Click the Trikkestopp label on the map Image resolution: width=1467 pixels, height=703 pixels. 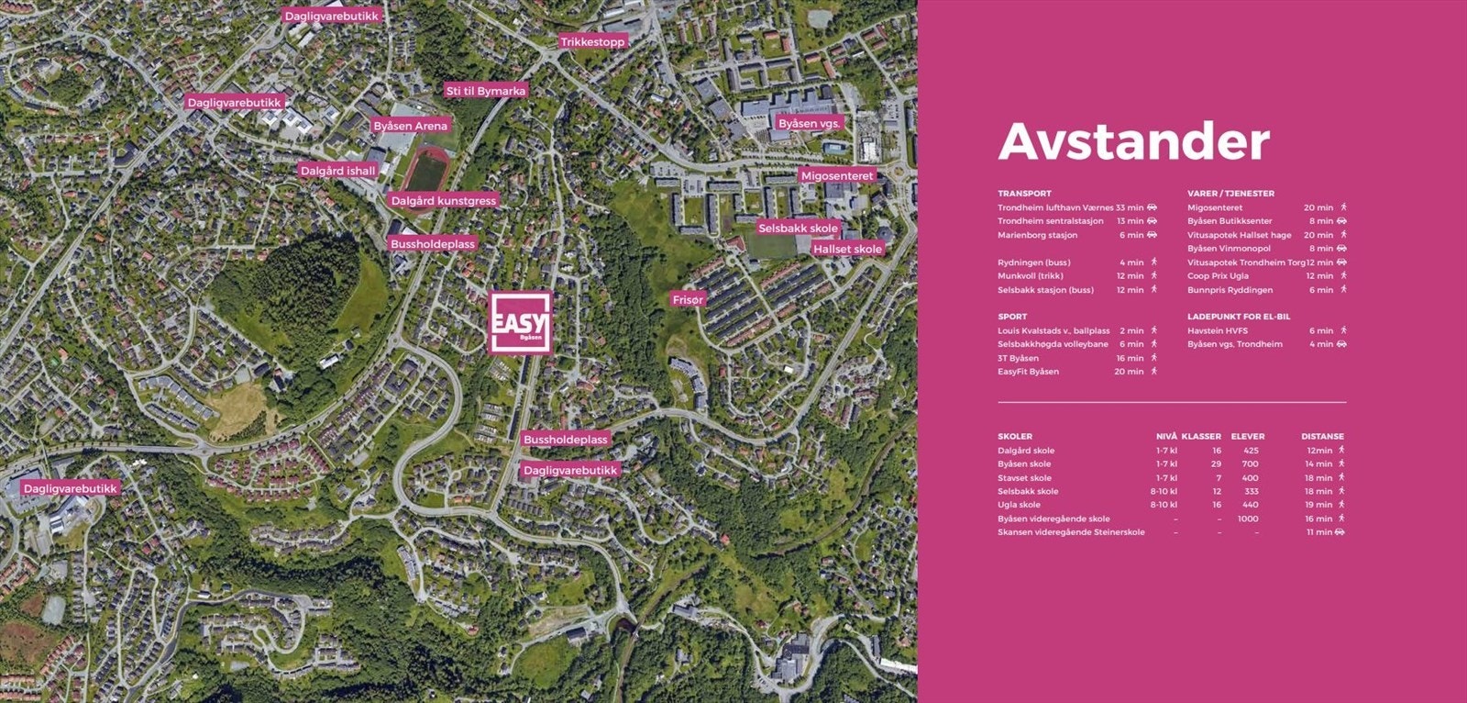click(x=592, y=42)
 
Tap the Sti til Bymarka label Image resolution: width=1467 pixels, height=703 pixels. click(x=485, y=91)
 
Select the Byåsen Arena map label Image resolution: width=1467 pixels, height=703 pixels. click(x=411, y=126)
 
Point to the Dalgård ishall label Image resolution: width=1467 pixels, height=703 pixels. click(x=337, y=171)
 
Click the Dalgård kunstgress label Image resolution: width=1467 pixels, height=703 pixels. click(x=443, y=200)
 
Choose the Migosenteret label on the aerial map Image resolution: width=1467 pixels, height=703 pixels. click(x=838, y=175)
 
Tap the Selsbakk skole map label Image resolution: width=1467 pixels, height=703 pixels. click(x=798, y=228)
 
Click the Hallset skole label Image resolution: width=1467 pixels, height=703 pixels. click(x=847, y=249)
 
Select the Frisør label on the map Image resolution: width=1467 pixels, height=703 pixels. click(x=688, y=300)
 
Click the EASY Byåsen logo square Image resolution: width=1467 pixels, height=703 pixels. click(x=520, y=321)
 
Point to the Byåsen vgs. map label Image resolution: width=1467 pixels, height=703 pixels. click(x=810, y=122)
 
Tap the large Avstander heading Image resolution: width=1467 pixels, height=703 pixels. click(x=1133, y=141)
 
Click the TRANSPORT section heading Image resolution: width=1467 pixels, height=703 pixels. click(x=1024, y=194)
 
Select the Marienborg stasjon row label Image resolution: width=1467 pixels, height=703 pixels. click(x=1037, y=235)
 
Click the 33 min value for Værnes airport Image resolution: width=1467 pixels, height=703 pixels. click(x=1130, y=207)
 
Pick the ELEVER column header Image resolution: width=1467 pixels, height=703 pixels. click(x=1247, y=437)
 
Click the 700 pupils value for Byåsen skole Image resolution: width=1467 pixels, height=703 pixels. click(x=1250, y=464)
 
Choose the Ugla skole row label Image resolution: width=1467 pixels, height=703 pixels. click(x=1019, y=505)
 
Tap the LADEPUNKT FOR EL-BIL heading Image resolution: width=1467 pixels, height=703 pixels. click(x=1238, y=317)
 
